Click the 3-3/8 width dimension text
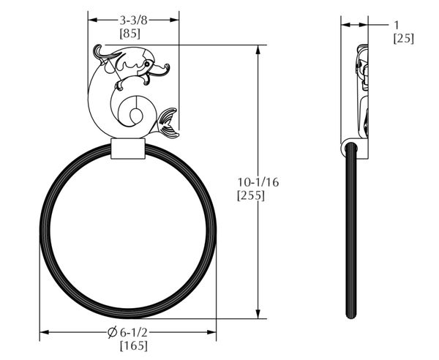[x=133, y=20]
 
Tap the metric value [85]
[x=130, y=34]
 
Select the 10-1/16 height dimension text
[x=258, y=182]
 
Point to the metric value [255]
[x=251, y=195]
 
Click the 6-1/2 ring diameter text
[x=134, y=332]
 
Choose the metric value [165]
[x=134, y=345]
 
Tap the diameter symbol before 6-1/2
[x=112, y=332]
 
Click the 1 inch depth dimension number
[x=396, y=25]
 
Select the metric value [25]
[x=403, y=38]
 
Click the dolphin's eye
[x=147, y=64]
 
